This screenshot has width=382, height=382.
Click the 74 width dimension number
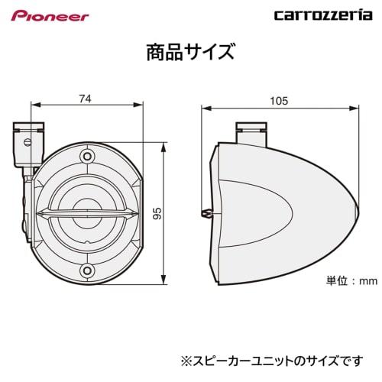pos(86,97)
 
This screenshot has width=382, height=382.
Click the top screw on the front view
pos(86,158)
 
